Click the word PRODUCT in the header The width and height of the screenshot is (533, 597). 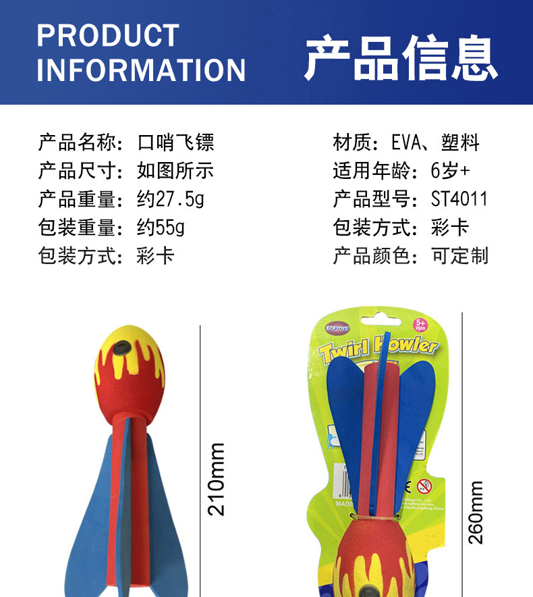click(x=108, y=35)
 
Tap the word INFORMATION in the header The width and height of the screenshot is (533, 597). click(x=141, y=70)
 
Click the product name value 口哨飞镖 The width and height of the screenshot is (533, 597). click(x=175, y=143)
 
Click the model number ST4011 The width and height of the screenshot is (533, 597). click(x=459, y=200)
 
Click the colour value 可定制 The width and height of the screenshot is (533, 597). click(x=460, y=257)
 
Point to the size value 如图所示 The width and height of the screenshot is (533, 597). click(x=175, y=172)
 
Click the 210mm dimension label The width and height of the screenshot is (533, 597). click(x=216, y=479)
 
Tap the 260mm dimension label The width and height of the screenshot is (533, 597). click(x=476, y=512)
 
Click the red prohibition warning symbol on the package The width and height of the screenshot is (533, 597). click(x=424, y=486)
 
